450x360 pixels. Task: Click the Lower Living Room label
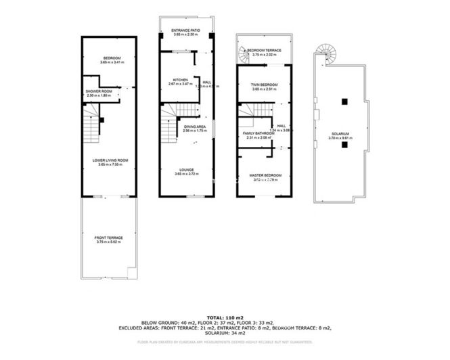(x=110, y=160)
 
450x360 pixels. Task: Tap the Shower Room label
(x=98, y=91)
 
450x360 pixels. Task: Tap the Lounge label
(x=187, y=169)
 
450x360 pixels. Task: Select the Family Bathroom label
(x=259, y=133)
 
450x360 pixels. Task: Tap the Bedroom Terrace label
(x=265, y=50)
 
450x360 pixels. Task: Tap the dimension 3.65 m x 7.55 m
(x=110, y=164)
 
